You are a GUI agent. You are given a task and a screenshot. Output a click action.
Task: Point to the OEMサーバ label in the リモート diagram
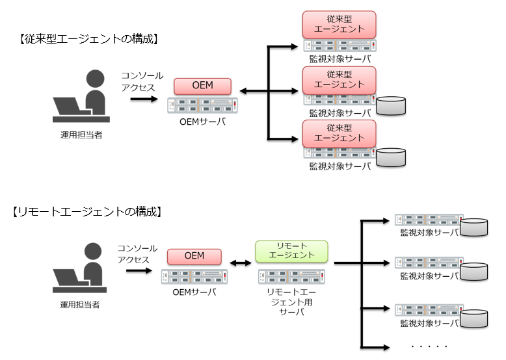pos(194,292)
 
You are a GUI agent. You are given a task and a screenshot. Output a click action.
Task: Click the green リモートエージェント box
pos(291,250)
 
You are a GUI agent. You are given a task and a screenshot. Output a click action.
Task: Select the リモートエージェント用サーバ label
pos(291,302)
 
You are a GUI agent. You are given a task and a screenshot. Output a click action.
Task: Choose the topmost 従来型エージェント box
pos(340,24)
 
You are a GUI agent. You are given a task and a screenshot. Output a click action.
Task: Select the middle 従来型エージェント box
pos(340,79)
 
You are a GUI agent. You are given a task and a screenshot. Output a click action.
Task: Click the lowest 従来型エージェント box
pos(340,133)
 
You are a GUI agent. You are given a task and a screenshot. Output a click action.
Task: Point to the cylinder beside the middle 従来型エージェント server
pos(391,105)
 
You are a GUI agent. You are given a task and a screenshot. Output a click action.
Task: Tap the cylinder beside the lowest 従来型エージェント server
pos(391,157)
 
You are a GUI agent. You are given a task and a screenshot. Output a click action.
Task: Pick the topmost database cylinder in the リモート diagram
pos(474,227)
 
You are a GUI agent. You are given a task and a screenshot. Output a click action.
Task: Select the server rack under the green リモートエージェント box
pos(291,275)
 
